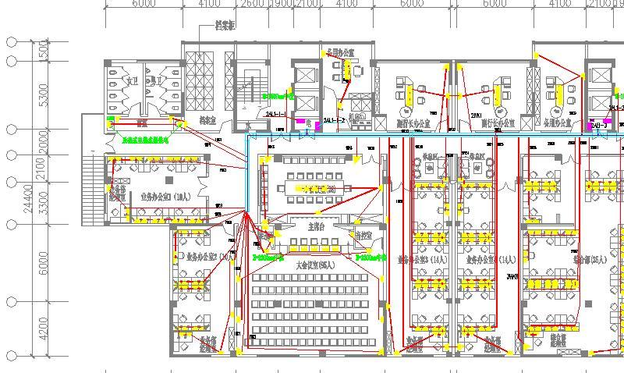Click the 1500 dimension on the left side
coord(43,52)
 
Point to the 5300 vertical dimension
coord(43,94)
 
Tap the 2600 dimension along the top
coord(250,5)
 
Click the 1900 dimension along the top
coord(280,5)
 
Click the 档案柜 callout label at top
coord(225,26)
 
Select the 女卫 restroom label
coord(132,80)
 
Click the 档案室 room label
coord(207,121)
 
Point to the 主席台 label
coord(316,226)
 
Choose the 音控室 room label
coord(363,236)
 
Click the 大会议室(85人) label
coord(314,265)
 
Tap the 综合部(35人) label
coord(590,259)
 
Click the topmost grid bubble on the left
coord(12,41)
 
